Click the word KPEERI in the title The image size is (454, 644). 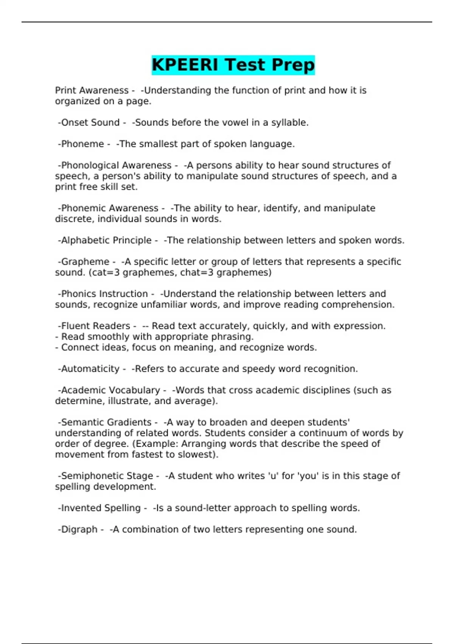pyautogui.click(x=185, y=65)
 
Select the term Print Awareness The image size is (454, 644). pyautogui.click(x=92, y=91)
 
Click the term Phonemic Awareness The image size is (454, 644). pyautogui.click(x=110, y=208)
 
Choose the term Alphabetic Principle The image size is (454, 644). pyautogui.click(x=106, y=241)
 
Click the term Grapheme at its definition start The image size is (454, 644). pyautogui.click(x=85, y=262)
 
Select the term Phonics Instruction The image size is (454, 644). pyautogui.click(x=104, y=294)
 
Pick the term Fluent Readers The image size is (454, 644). pyautogui.click(x=95, y=326)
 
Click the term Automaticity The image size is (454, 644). pyautogui.click(x=90, y=369)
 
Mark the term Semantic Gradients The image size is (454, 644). pyautogui.click(x=106, y=422)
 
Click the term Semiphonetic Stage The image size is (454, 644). pyautogui.click(x=107, y=476)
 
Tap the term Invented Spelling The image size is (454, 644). pyautogui.click(x=101, y=508)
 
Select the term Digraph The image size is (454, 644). pyautogui.click(x=79, y=530)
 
